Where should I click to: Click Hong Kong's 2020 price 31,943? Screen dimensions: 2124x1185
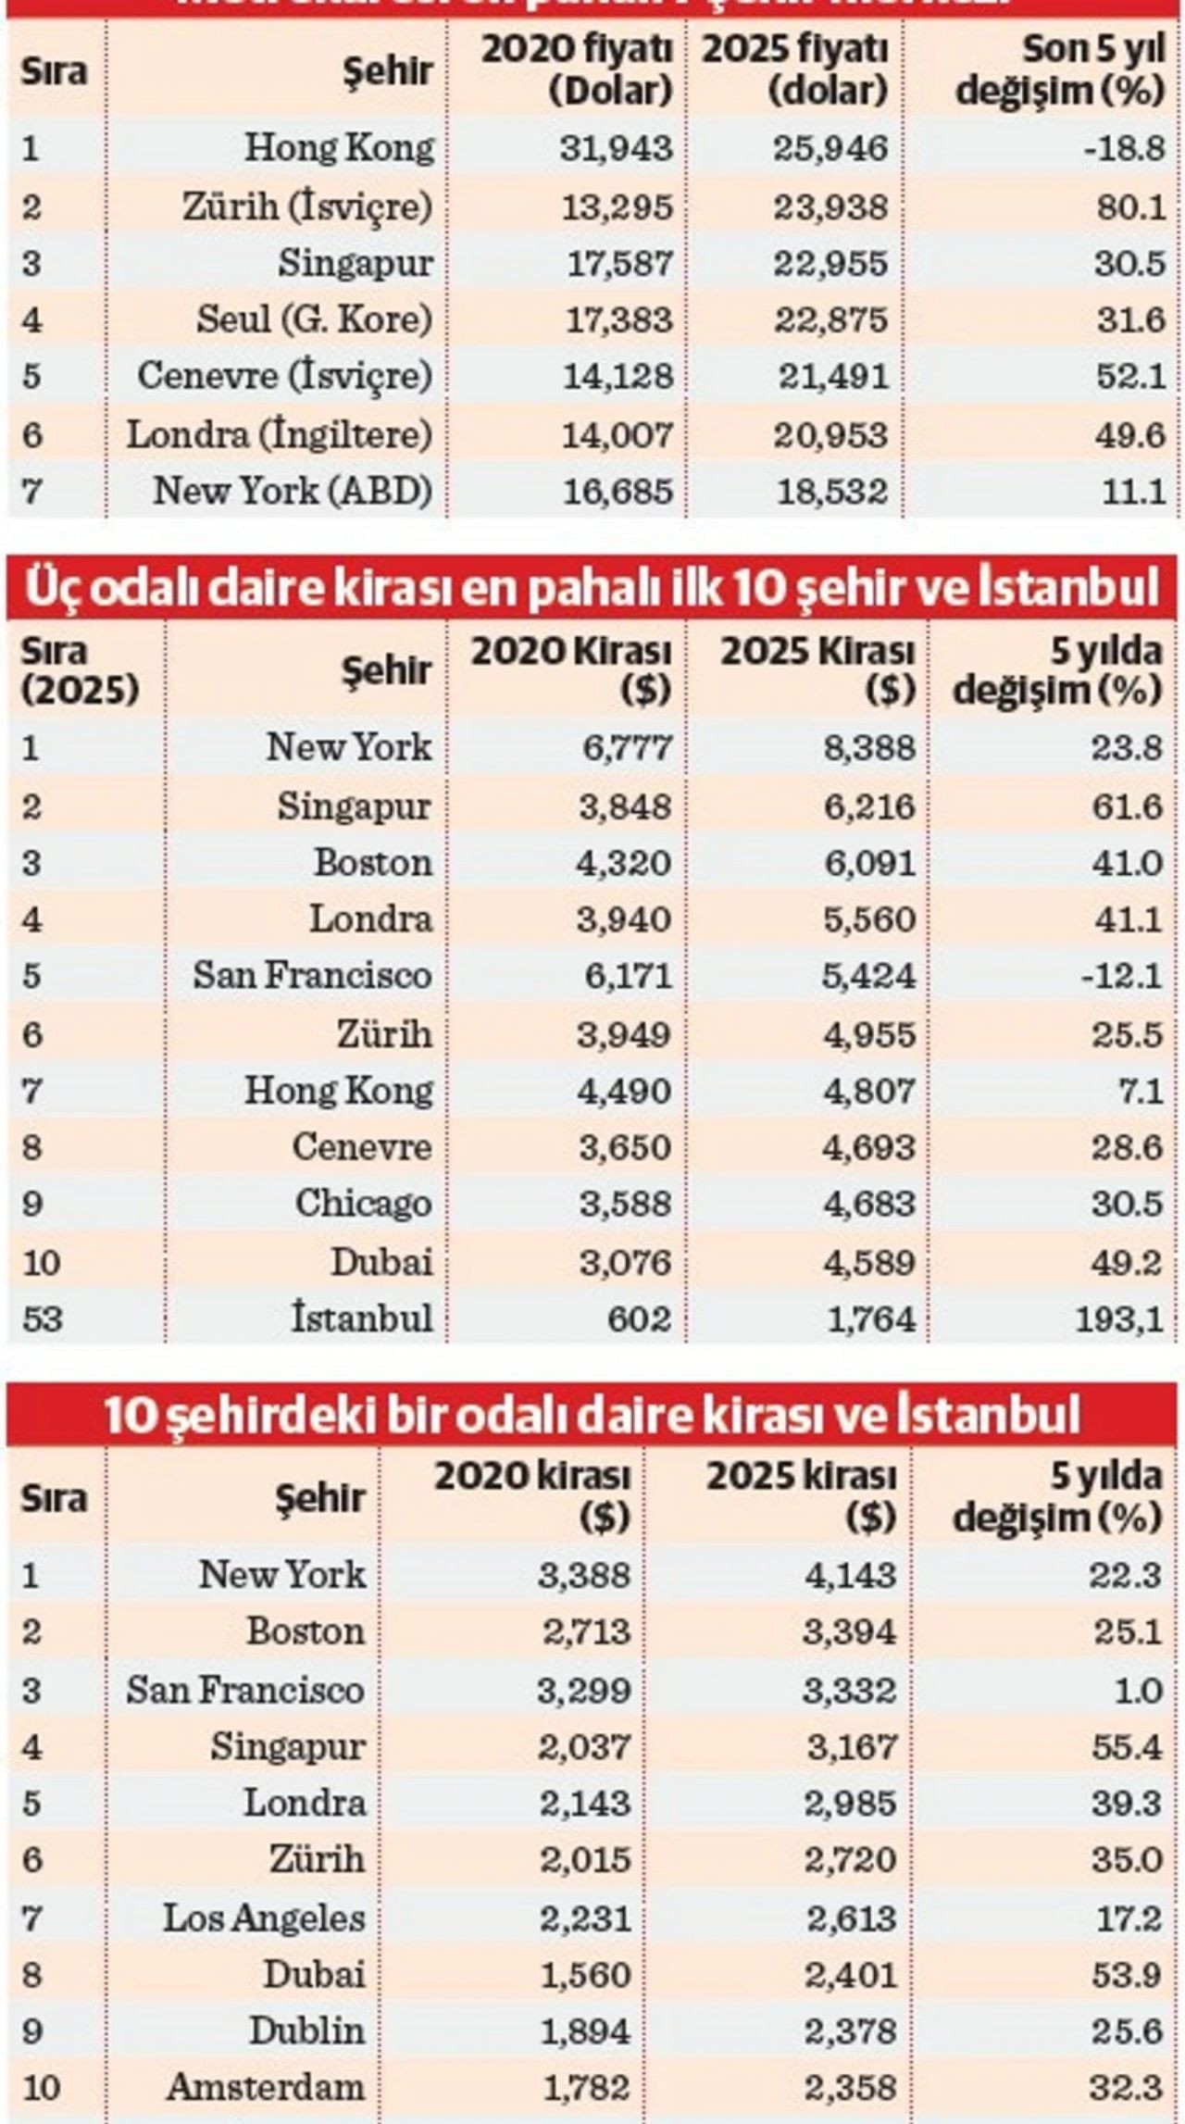point(616,148)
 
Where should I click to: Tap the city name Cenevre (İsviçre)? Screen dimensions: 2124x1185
point(284,376)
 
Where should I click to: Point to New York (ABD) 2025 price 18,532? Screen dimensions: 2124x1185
point(830,491)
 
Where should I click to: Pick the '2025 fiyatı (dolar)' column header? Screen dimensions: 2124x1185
point(795,70)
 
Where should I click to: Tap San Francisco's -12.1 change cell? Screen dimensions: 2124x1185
point(1124,976)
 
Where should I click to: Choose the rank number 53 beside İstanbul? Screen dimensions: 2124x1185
point(43,1318)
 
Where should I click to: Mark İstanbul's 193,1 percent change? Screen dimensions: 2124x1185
point(1118,1318)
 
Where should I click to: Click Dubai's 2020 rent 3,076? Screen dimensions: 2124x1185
point(625,1262)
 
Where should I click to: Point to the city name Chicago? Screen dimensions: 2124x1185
point(363,1204)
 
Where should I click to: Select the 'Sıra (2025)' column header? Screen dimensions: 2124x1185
point(80,670)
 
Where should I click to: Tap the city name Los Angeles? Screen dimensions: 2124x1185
point(264,1917)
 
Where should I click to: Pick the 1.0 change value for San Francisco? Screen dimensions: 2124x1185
point(1138,1691)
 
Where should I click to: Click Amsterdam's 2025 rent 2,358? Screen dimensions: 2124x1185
point(849,2087)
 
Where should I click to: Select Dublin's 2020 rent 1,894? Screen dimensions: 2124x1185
point(584,2030)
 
